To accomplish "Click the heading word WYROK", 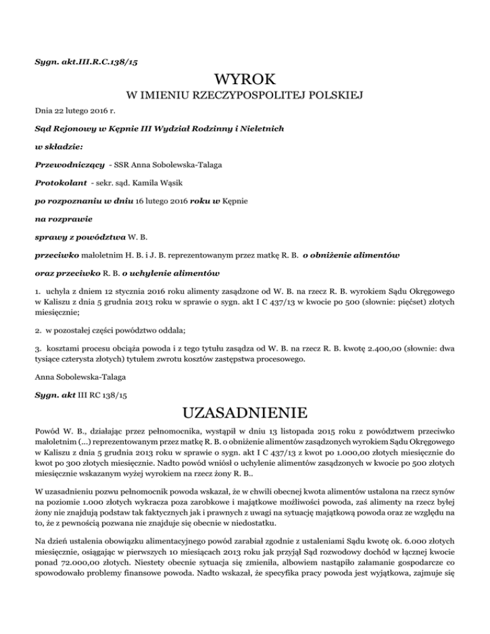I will [245, 80].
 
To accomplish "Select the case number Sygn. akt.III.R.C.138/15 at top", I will [87, 62].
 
